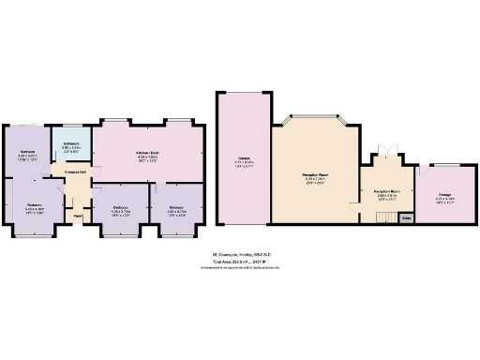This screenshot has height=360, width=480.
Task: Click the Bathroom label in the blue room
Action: [71, 147]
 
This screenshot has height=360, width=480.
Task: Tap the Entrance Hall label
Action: [76, 173]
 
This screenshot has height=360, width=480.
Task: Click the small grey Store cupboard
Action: [405, 217]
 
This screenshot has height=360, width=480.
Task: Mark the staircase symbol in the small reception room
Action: [382, 217]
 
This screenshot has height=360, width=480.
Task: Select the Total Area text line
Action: [240, 261]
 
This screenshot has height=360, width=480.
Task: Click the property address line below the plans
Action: [240, 254]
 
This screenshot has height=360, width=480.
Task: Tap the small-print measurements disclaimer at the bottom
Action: [240, 267]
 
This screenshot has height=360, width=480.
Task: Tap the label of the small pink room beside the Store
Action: [444, 198]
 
